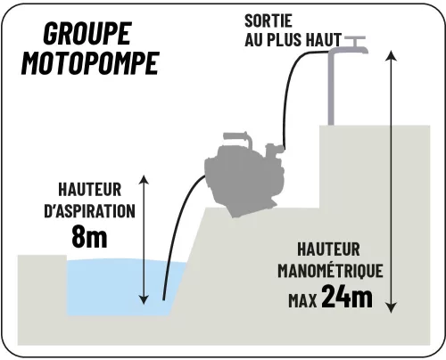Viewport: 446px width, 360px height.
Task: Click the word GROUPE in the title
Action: pyautogui.click(x=87, y=33)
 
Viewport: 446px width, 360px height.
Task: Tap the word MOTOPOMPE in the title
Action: pyautogui.click(x=90, y=63)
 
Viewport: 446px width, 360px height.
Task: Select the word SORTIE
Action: pyautogui.click(x=268, y=20)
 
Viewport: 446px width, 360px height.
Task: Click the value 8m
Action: pyautogui.click(x=89, y=237)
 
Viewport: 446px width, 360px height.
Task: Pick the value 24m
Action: pyautogui.click(x=347, y=297)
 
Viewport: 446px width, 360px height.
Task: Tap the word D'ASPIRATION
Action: pyautogui.click(x=89, y=211)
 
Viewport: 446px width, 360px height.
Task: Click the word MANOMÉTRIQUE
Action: pyautogui.click(x=330, y=270)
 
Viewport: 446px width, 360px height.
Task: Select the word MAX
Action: pyautogui.click(x=302, y=300)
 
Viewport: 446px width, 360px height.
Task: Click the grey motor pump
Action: pyautogui.click(x=244, y=176)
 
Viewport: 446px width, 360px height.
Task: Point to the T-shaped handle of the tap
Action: pyautogui.click(x=355, y=40)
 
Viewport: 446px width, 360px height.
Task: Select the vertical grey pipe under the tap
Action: pyautogui.click(x=331, y=89)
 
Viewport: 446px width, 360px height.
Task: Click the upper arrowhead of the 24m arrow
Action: pyautogui.click(x=392, y=56)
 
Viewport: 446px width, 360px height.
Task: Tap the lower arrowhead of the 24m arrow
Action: pyautogui.click(x=392, y=307)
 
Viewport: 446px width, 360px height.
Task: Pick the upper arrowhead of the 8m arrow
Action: pyautogui.click(x=144, y=180)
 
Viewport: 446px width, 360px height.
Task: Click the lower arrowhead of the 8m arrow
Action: pyautogui.click(x=144, y=299)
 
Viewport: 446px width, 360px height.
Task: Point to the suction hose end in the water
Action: pyautogui.click(x=163, y=299)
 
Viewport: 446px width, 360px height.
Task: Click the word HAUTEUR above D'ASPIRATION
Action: pyautogui.click(x=90, y=190)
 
